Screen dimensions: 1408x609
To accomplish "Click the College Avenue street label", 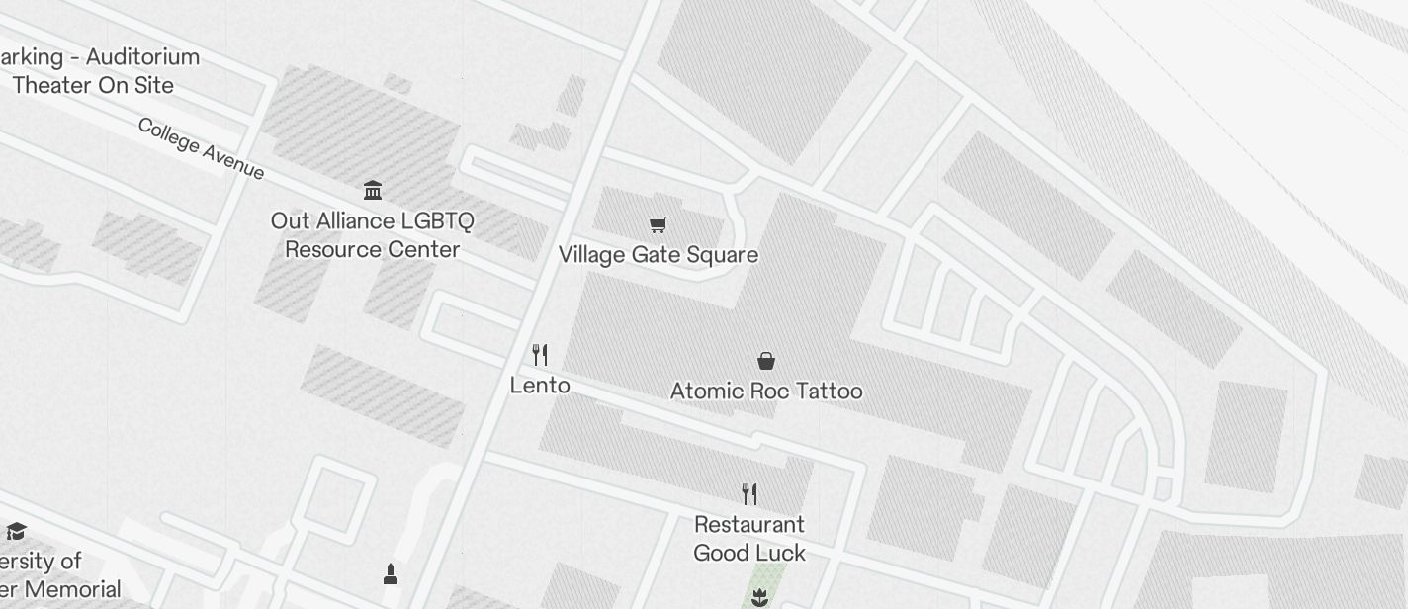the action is point(201,148).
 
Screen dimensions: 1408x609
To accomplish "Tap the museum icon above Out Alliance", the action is point(373,189).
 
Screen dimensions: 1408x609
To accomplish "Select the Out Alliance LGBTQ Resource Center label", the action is point(373,234).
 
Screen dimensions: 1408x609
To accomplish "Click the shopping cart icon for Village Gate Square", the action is point(659,224).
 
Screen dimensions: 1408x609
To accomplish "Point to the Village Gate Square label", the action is point(659,254).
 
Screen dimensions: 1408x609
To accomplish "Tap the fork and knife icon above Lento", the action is point(540,354).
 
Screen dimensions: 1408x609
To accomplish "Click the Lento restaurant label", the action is point(540,385).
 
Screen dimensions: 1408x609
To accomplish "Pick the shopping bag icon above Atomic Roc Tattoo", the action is point(765,360).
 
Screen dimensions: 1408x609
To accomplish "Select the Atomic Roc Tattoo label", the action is point(766,391).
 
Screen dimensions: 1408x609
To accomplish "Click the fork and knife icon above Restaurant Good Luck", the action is point(749,493).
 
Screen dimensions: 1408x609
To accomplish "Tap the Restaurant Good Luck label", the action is point(749,538).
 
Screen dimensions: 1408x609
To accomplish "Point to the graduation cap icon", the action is point(16,532).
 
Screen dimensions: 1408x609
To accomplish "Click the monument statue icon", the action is point(390,573).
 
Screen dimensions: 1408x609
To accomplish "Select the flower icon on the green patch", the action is point(759,596).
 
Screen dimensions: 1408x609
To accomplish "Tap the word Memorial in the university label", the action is point(73,590).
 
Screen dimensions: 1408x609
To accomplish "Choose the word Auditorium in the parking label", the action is point(142,56).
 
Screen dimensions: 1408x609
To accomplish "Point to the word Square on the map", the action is point(723,254).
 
